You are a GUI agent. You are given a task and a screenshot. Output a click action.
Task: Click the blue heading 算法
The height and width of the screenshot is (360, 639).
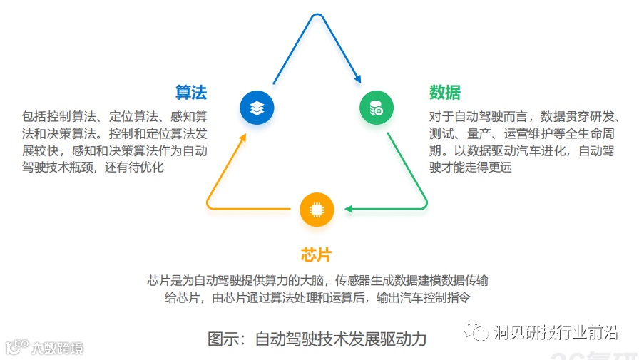(191, 92)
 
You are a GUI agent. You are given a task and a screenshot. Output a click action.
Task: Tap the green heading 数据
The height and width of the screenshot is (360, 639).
(445, 92)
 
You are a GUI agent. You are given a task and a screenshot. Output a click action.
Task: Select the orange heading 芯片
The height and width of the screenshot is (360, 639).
(317, 255)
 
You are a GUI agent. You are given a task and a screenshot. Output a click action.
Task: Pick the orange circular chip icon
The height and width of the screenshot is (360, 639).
(317, 209)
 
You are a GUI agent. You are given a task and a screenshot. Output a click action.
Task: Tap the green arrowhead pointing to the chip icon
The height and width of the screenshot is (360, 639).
(349, 209)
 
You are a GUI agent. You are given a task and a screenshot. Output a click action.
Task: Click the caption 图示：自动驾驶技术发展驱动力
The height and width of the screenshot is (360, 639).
(317, 339)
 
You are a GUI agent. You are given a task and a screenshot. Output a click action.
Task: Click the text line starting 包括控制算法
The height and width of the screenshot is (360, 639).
(114, 116)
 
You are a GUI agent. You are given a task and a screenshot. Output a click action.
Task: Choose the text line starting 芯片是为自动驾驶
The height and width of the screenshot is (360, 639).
(317, 280)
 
